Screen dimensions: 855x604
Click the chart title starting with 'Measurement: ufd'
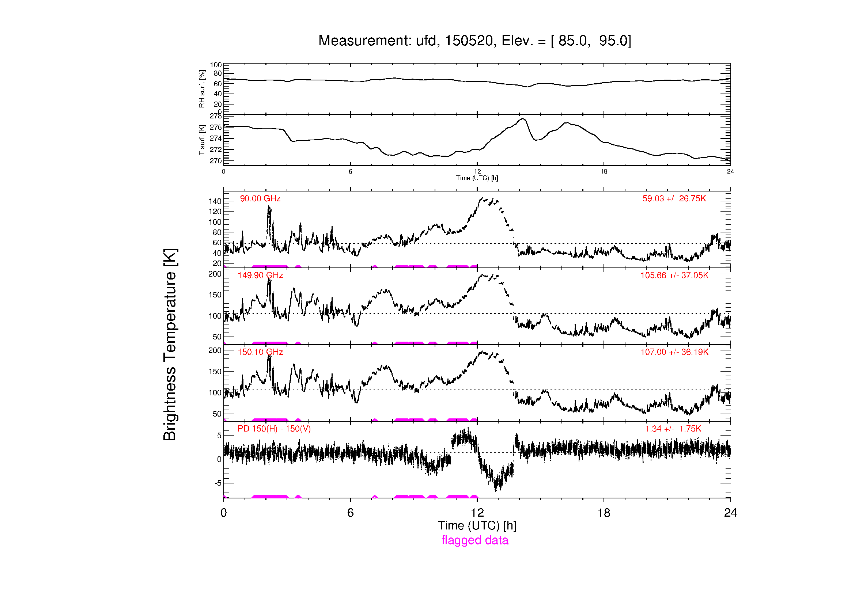[x=474, y=41]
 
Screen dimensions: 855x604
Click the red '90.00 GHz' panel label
[x=260, y=199]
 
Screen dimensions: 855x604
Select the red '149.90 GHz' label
[x=260, y=276]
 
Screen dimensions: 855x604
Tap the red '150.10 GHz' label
[x=260, y=352]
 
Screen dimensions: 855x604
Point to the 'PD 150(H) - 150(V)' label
[x=274, y=429]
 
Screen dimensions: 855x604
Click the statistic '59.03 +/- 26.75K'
[x=674, y=199]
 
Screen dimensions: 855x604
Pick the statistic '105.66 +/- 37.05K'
[x=674, y=276]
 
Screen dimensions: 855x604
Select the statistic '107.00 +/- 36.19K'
[x=674, y=352]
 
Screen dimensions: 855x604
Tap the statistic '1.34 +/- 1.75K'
[x=673, y=429]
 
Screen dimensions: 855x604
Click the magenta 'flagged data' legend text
[x=475, y=540]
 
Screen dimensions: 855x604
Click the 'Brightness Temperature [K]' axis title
[x=170, y=345]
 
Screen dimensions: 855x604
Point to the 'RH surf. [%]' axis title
[x=202, y=88]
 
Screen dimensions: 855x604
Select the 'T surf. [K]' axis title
[x=202, y=140]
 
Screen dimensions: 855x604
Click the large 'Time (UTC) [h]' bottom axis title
[x=477, y=525]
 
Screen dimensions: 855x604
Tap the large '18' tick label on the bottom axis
[x=604, y=513]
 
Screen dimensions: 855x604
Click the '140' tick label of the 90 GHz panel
[x=215, y=201]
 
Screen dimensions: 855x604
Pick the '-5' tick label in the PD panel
[x=218, y=483]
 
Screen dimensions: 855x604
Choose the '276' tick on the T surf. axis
[x=216, y=127]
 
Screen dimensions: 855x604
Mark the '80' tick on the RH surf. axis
[x=218, y=73]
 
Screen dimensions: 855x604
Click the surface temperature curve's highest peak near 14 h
[x=523, y=119]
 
